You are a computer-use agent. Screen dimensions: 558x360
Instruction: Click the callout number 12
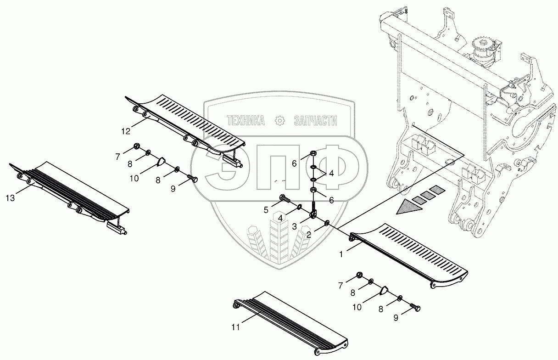[x=126, y=131]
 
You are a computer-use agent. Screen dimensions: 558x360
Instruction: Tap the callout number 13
[x=11, y=198]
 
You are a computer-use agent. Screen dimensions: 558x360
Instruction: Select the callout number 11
[x=236, y=327]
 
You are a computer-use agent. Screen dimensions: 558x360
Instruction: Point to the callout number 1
[x=341, y=254]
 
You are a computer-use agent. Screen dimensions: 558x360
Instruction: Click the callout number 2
[x=309, y=235]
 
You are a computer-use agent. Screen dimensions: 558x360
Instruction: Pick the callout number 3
[x=295, y=227]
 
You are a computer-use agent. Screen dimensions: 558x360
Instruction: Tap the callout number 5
[x=266, y=210]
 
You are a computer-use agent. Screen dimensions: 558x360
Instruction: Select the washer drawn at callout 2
[x=327, y=222]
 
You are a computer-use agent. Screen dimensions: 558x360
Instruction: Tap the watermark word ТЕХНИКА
[x=246, y=121]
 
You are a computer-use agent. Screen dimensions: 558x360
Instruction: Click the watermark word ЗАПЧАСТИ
[x=315, y=121]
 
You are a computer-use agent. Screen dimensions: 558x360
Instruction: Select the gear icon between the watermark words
[x=279, y=121]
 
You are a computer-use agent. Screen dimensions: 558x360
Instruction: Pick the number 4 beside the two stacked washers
[x=331, y=174]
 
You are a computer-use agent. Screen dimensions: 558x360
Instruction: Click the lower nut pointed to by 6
[x=313, y=190]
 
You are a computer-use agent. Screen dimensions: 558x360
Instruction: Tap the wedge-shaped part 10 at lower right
[x=384, y=290]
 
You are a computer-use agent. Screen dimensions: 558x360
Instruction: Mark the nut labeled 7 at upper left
[x=136, y=146]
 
